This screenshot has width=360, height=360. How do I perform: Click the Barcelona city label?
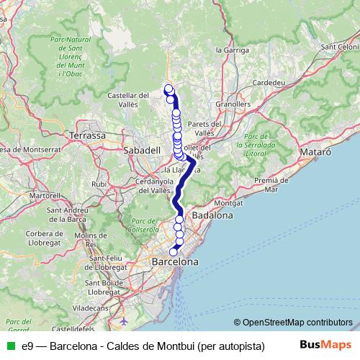tap(174, 263)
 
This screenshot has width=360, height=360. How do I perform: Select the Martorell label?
tap(44, 195)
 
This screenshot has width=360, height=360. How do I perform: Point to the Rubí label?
tap(99, 184)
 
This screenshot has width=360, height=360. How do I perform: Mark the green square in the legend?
tap(12, 346)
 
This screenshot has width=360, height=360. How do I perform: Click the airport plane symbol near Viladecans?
tap(125, 319)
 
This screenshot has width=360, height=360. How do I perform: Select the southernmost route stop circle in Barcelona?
tap(173, 251)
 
